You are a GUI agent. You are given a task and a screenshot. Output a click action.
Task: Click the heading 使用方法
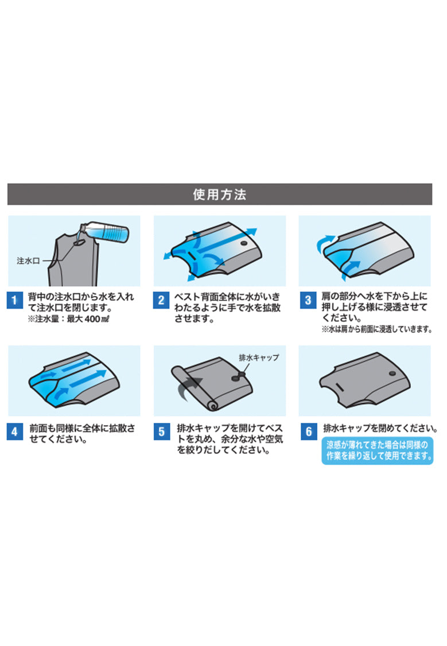coord(220,194)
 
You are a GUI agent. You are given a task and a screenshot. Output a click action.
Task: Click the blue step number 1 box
coord(14,300)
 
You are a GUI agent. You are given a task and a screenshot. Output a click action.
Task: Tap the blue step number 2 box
coord(161,300)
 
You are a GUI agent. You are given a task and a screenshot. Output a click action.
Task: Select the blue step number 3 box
coord(308,300)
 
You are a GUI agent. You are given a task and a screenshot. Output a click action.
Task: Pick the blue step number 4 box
coord(14,431)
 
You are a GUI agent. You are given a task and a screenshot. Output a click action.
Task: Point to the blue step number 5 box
coord(161,431)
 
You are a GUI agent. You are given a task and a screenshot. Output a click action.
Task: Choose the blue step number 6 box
coord(308,431)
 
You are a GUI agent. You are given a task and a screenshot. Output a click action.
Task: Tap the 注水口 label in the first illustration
coord(28,261)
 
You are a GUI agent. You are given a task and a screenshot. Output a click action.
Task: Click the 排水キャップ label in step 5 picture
coord(259,357)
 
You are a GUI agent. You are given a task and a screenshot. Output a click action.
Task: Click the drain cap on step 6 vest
coord(392,373)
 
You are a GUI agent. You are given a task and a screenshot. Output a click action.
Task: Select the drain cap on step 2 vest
coord(244,243)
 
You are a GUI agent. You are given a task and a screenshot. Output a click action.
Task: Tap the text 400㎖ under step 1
coord(97,319)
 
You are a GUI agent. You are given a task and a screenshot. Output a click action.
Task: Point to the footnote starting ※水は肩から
coord(377,329)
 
